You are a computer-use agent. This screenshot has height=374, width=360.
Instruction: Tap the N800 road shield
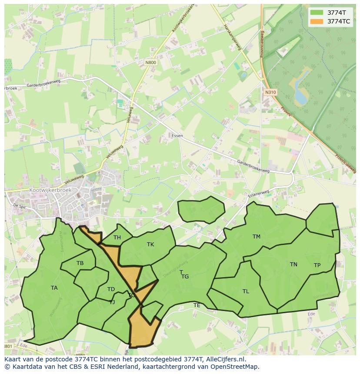coord(150,63)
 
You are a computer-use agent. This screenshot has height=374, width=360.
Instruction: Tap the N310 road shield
coord(270,93)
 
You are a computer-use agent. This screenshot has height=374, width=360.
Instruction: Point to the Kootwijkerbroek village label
coord(50,190)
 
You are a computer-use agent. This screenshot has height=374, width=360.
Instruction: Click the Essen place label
coord(177,136)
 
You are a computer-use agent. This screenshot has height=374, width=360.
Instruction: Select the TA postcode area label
coord(54,288)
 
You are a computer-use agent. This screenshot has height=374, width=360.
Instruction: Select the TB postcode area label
coord(80,263)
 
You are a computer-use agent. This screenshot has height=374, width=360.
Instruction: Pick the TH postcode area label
coord(117,238)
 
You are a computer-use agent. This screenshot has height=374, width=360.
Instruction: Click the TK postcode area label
coord(150,245)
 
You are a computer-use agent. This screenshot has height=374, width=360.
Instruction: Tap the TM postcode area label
coord(257,237)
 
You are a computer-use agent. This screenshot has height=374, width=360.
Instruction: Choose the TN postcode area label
coord(293,265)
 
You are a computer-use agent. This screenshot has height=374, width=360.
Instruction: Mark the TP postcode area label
coord(317,265)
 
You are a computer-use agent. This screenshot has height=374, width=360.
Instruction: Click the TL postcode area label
coord(246,291)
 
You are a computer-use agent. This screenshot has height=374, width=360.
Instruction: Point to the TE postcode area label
coord(197,305)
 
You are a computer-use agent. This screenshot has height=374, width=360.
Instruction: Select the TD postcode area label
coord(111,289)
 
